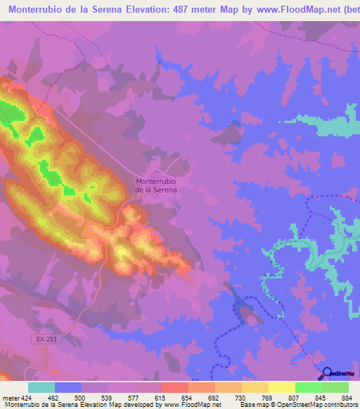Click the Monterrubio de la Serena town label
pyautogui.click(x=155, y=185)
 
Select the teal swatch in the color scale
pyautogui.click(x=41, y=387)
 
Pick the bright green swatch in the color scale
pyautogui.click(x=309, y=387)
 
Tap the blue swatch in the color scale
pyautogui.click(x=68, y=387)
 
